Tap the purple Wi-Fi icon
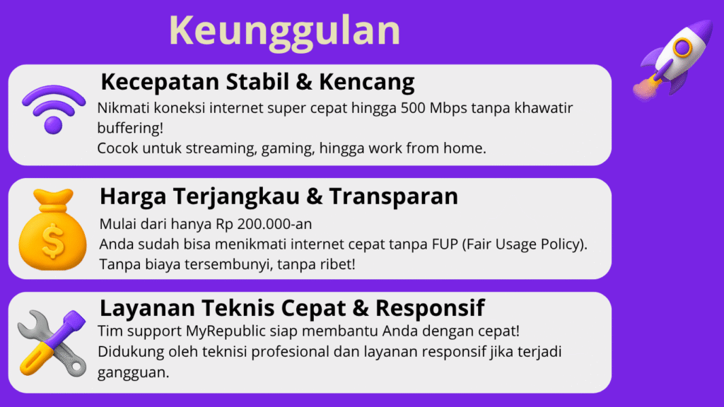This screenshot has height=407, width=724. (54, 110)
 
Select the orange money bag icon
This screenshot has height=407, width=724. (52, 230)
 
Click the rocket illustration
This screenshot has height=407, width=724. (672, 59)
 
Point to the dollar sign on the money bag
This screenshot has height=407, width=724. (53, 240)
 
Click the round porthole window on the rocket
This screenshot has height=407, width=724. (682, 47)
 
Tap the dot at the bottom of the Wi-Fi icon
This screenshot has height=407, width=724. (53, 126)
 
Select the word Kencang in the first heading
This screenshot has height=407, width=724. (367, 82)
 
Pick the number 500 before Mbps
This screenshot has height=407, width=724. (413, 108)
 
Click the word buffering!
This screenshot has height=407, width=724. (130, 128)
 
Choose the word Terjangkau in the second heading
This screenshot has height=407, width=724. (236, 196)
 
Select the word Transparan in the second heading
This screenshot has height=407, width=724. (393, 196)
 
